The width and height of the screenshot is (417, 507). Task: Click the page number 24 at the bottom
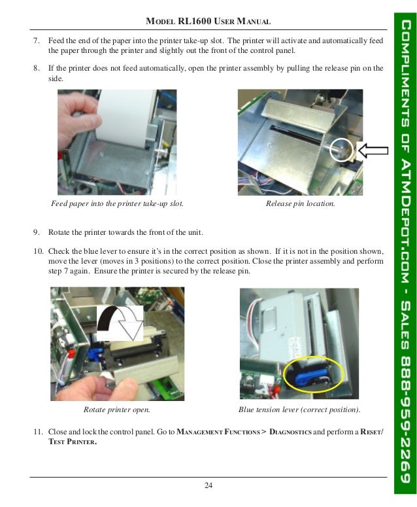tap(208, 485)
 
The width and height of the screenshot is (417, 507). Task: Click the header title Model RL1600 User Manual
tap(208, 22)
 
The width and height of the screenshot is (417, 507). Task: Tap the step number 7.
tap(37, 41)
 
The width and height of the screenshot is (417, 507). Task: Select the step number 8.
tap(37, 68)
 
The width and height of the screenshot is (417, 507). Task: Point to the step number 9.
tap(37, 233)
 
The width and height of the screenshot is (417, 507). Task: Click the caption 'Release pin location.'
tap(300, 204)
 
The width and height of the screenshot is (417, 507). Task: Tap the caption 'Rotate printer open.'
tap(117, 410)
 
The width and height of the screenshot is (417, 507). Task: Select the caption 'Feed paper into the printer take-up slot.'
tap(117, 204)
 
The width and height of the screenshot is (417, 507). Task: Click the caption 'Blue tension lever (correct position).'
tap(299, 410)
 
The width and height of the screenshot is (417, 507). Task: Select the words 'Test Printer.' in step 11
tap(72, 442)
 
